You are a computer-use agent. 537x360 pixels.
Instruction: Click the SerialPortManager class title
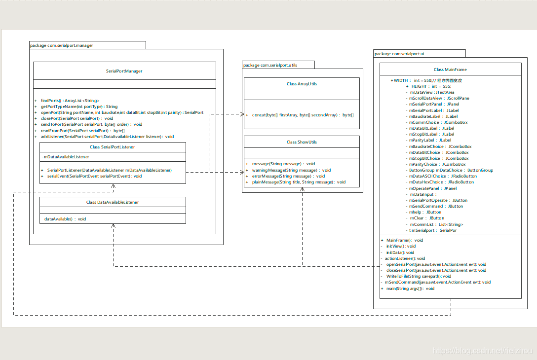coord(124,71)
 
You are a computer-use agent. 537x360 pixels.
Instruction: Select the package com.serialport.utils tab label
coord(270,65)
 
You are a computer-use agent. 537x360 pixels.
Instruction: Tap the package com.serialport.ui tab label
coord(400,54)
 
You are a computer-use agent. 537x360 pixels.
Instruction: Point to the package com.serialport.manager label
coord(62,45)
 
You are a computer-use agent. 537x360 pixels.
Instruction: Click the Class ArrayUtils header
coord(302,84)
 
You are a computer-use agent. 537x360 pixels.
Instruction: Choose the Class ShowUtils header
coord(302,142)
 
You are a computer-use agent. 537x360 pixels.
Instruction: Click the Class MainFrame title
coord(450,70)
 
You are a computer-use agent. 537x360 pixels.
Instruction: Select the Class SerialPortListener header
coord(112,147)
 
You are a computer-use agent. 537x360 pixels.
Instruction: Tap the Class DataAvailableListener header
coord(112,202)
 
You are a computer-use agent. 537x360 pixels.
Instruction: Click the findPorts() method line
coord(70,100)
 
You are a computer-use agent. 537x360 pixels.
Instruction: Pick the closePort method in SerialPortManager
coord(77,118)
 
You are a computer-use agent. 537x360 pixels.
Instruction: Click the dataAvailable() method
coord(65,219)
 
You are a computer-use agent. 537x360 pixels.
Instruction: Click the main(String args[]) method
coord(410,288)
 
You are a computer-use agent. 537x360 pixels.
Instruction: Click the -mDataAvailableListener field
coord(66,157)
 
